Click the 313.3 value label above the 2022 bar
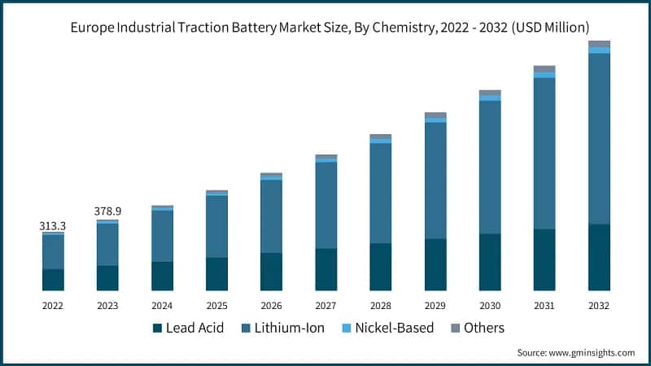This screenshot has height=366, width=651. (53, 225)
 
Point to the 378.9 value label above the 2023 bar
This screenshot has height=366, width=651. (107, 211)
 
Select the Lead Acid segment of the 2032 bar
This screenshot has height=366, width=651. (599, 257)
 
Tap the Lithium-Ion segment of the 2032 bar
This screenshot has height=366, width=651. (599, 138)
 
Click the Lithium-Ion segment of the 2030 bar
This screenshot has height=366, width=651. (490, 167)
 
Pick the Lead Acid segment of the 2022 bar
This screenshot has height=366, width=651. (53, 280)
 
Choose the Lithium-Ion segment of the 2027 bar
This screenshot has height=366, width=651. (326, 205)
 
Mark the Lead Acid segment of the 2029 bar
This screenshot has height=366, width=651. (435, 264)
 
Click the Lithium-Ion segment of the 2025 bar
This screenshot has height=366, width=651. (216, 227)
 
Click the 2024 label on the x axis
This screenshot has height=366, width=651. (162, 306)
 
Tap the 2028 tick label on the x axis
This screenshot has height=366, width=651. (381, 306)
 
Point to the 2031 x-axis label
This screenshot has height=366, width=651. (544, 306)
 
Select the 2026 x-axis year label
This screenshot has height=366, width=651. (271, 306)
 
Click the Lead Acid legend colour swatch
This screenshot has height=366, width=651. (157, 329)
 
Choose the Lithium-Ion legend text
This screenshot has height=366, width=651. (290, 329)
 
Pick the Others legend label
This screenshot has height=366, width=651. (484, 329)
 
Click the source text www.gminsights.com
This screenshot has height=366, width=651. (593, 353)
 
